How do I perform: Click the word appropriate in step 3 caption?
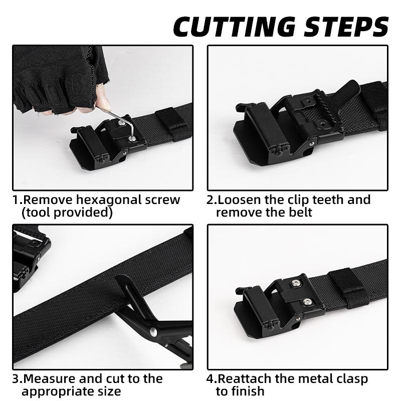[56, 391]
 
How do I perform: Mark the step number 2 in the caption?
[210, 200]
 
